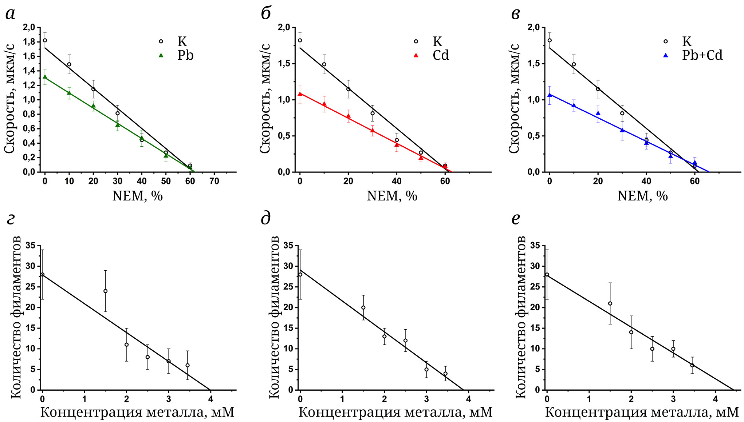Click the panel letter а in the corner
click(x=11, y=14)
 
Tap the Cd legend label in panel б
click(x=440, y=55)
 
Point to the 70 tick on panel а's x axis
click(x=214, y=181)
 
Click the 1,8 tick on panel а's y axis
click(x=29, y=42)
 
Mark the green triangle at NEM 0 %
click(x=45, y=77)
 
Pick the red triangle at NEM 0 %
click(x=300, y=93)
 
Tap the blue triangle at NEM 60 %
click(x=694, y=163)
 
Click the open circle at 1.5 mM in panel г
click(x=105, y=291)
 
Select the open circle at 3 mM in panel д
click(x=426, y=369)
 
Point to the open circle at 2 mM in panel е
click(x=631, y=332)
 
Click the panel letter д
click(x=266, y=218)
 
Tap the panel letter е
click(x=516, y=218)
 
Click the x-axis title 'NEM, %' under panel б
click(x=392, y=196)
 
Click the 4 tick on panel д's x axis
click(x=469, y=399)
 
